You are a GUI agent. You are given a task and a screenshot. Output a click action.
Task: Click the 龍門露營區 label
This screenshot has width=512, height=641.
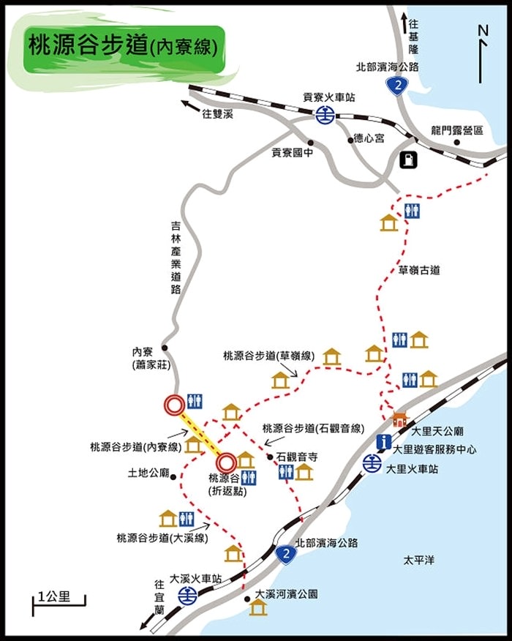(x=457, y=130)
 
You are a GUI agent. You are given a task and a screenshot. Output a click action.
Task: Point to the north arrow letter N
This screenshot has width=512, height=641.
(x=482, y=30)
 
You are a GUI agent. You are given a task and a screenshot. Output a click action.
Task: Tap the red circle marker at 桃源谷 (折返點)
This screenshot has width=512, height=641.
(x=226, y=462)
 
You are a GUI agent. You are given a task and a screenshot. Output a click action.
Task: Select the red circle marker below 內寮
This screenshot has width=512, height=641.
(x=174, y=405)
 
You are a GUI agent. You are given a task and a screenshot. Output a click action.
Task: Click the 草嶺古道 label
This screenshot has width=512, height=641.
(x=419, y=270)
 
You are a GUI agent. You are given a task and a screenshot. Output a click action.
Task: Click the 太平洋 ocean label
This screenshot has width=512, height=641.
(x=419, y=561)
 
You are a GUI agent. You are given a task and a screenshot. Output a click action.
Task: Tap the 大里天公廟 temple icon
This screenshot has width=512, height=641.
(x=399, y=419)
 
